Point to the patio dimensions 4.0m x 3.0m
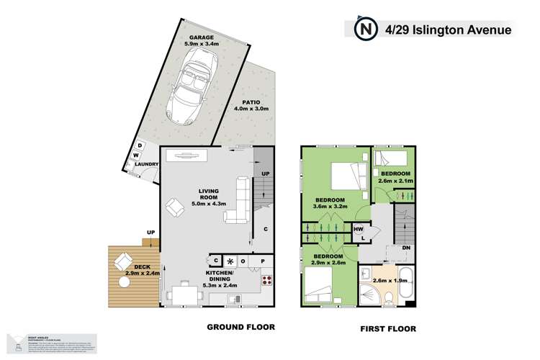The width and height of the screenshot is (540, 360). pos(251,109)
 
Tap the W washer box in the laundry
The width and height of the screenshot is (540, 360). pos(135,154)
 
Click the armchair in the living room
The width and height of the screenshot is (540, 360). pos(175,210)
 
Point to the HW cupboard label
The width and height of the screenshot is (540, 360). pos(358,229)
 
